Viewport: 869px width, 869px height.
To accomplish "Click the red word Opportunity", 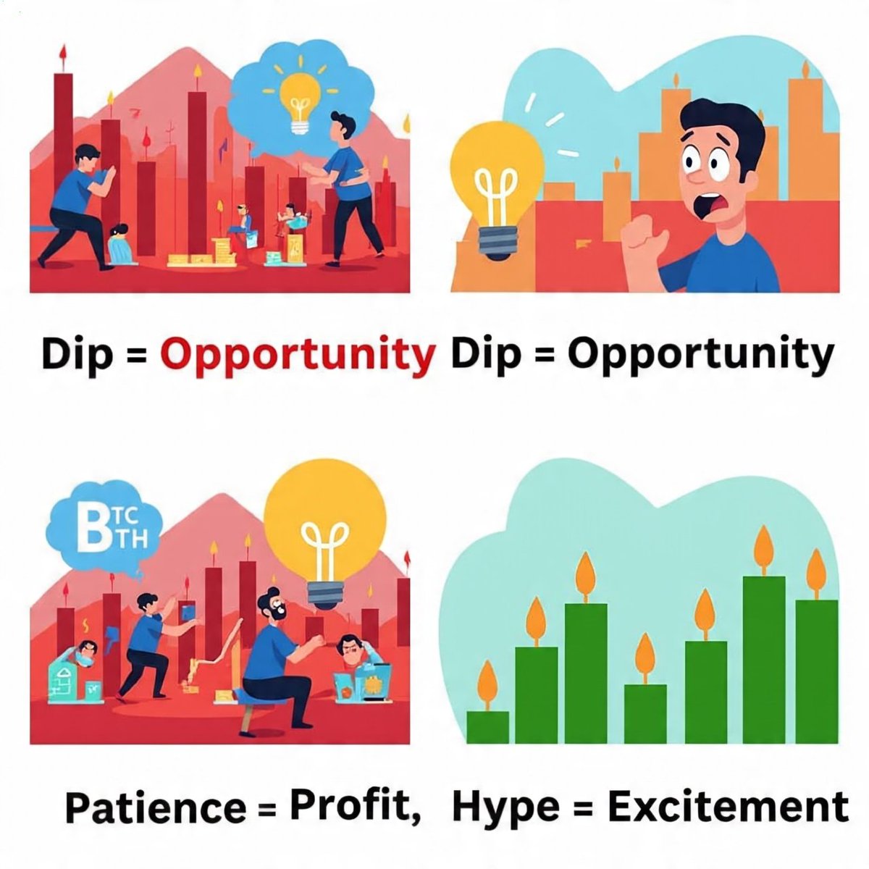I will [297, 355].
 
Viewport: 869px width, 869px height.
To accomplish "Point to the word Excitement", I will [727, 806].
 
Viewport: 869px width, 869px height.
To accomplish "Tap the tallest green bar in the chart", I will [765, 659].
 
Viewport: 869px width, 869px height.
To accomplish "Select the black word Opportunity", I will [700, 355].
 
